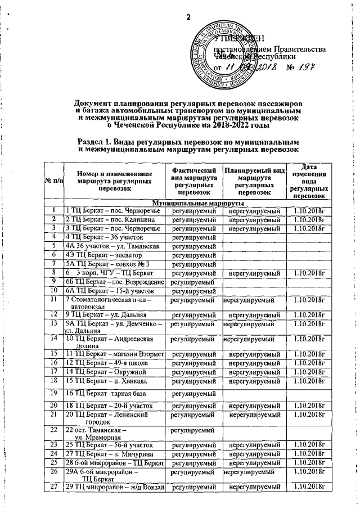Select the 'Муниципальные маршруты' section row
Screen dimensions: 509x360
[x=194, y=202]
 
